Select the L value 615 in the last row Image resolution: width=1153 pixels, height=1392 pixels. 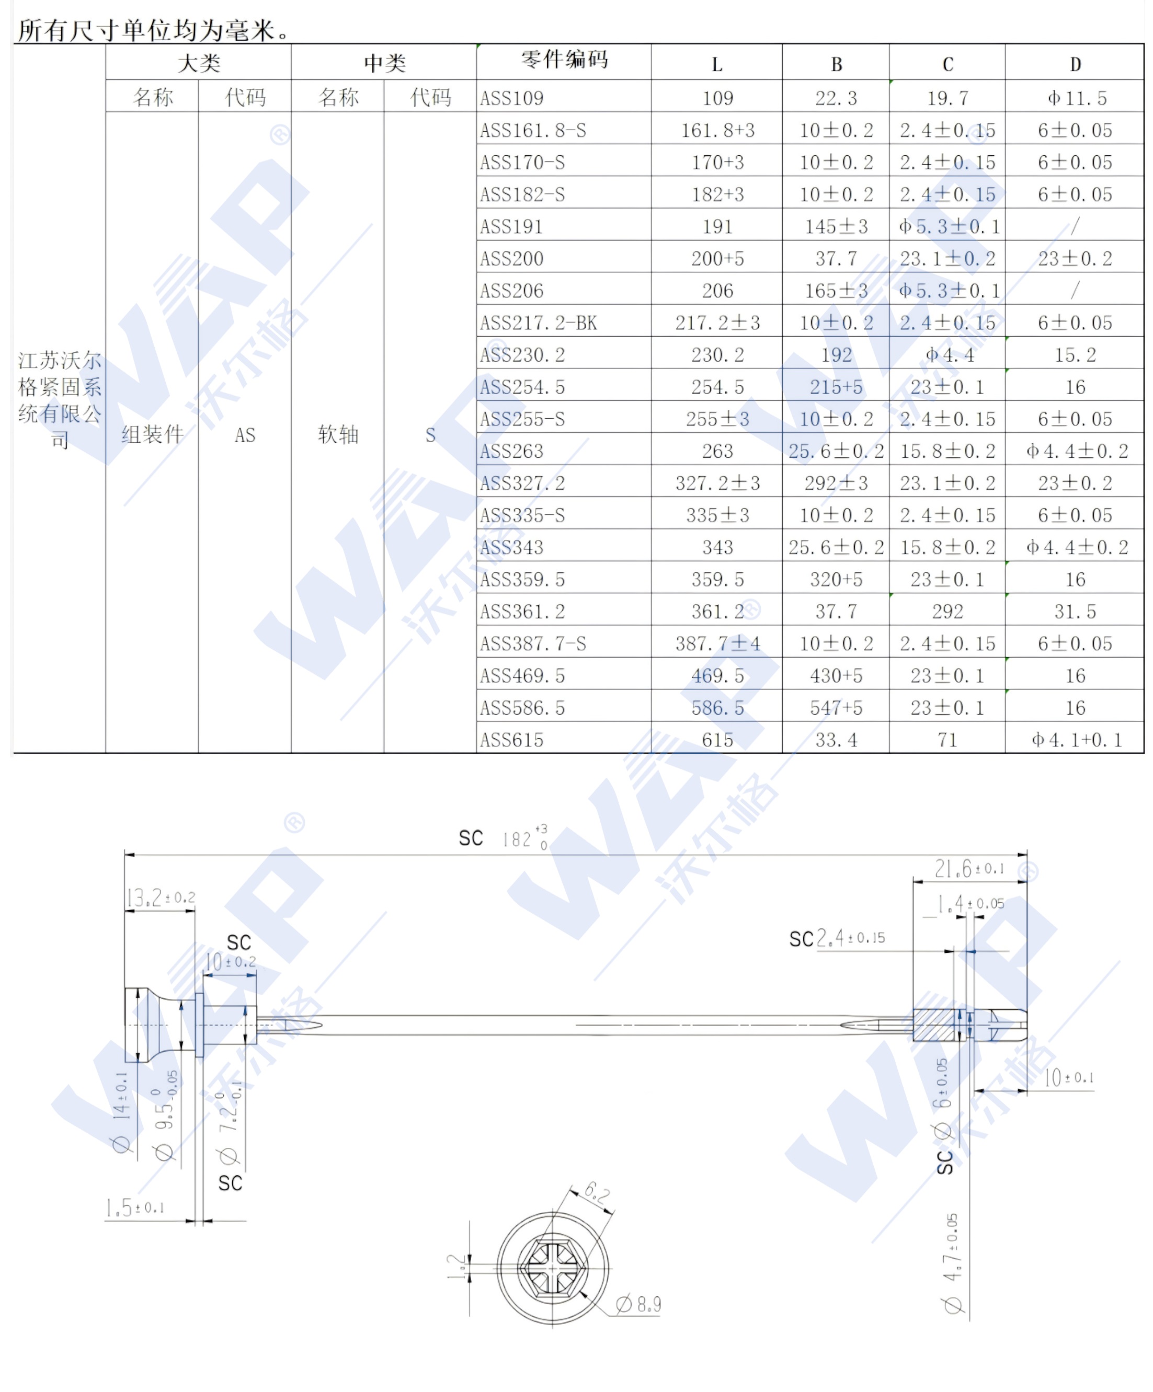click(x=717, y=740)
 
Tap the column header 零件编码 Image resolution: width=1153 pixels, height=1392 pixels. click(x=564, y=60)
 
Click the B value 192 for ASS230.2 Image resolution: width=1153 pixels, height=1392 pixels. click(x=836, y=354)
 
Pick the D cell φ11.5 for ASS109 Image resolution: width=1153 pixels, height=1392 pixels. click(x=1076, y=98)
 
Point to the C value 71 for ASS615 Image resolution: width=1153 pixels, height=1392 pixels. click(x=947, y=740)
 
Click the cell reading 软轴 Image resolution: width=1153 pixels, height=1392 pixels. click(x=337, y=434)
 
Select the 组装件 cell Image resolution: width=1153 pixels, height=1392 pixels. click(x=152, y=434)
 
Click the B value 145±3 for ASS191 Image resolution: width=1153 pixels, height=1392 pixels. click(x=836, y=227)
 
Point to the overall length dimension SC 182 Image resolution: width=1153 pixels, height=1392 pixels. click(x=504, y=838)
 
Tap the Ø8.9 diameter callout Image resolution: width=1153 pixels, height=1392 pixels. click(x=638, y=1305)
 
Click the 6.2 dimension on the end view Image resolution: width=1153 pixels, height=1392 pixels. click(x=597, y=1193)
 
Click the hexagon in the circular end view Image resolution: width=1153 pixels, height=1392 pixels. click(x=552, y=1268)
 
